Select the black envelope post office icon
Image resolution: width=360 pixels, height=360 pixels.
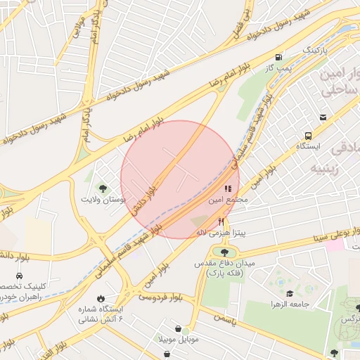pyautogui.click(x=323, y=117)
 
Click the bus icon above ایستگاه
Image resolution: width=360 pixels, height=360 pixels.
pyautogui.click(x=308, y=136)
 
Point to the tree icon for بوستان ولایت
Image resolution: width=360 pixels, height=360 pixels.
pyautogui.click(x=103, y=188)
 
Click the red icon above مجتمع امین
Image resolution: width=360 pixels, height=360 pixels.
pyautogui.click(x=227, y=188)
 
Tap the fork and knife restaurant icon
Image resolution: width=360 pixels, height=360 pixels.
pyautogui.click(x=222, y=220)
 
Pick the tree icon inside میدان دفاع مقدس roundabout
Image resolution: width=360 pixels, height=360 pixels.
pyautogui.click(x=224, y=252)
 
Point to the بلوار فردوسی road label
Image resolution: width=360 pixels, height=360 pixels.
pyautogui.click(x=157, y=298)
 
